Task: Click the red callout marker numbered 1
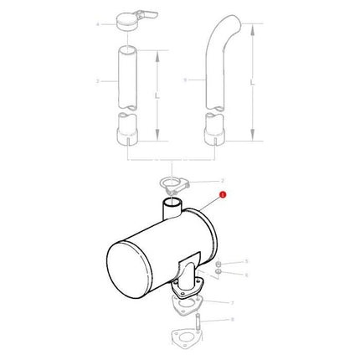pos(222,196)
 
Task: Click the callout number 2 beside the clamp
pos(223,180)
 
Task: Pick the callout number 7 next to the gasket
pos(231,302)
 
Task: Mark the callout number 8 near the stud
pos(231,320)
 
